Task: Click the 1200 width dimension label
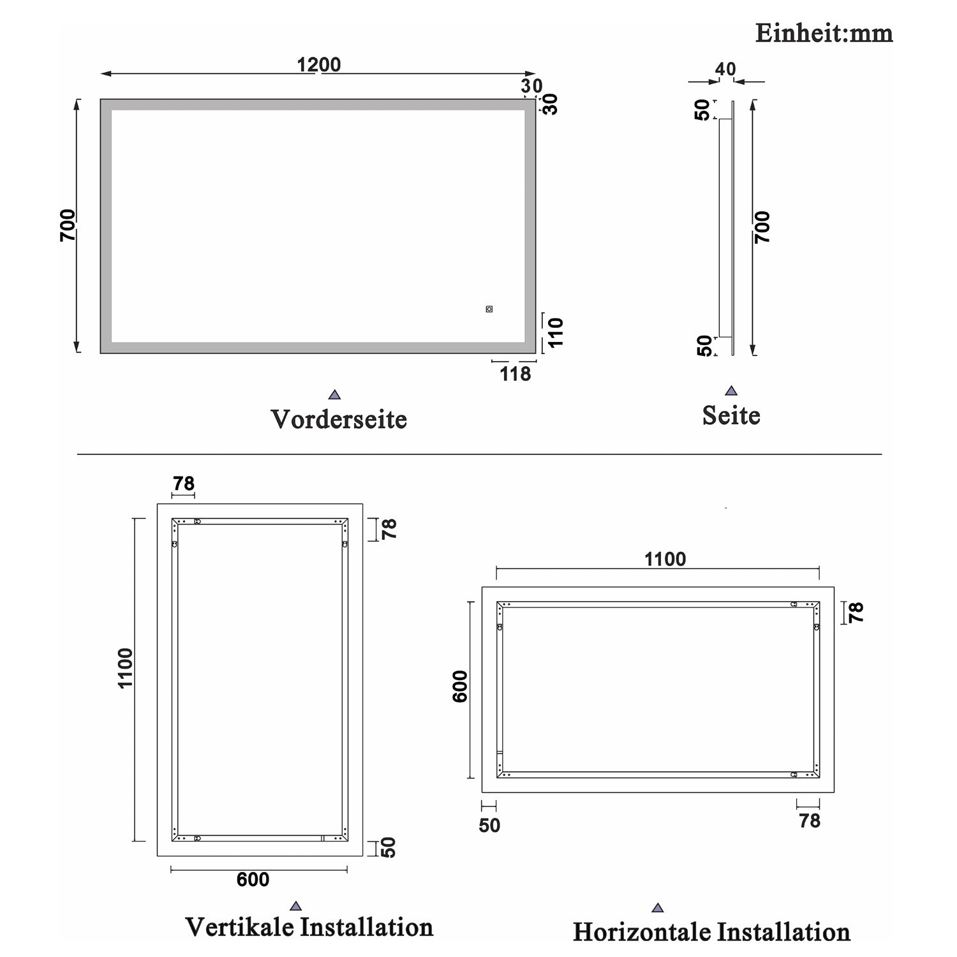coord(319,64)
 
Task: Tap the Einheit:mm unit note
coord(824,33)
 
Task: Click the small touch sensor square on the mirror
coord(489,309)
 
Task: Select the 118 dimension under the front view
coord(516,374)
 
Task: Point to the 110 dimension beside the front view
coord(556,332)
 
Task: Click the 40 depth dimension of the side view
coord(725,69)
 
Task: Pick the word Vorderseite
coord(339,419)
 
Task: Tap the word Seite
coord(731,415)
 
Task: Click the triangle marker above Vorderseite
coord(334,395)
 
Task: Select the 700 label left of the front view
coord(68,225)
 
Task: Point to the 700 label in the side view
coord(762,227)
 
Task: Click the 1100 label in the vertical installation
coord(125,668)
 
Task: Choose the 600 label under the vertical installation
coord(253,880)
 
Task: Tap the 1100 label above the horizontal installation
coord(665,560)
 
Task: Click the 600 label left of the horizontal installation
coord(460,686)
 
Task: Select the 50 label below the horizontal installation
coord(489,826)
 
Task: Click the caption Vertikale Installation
coord(309,927)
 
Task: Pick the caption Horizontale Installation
coord(711,932)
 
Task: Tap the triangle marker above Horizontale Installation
coord(658,908)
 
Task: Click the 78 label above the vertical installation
coord(183,484)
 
